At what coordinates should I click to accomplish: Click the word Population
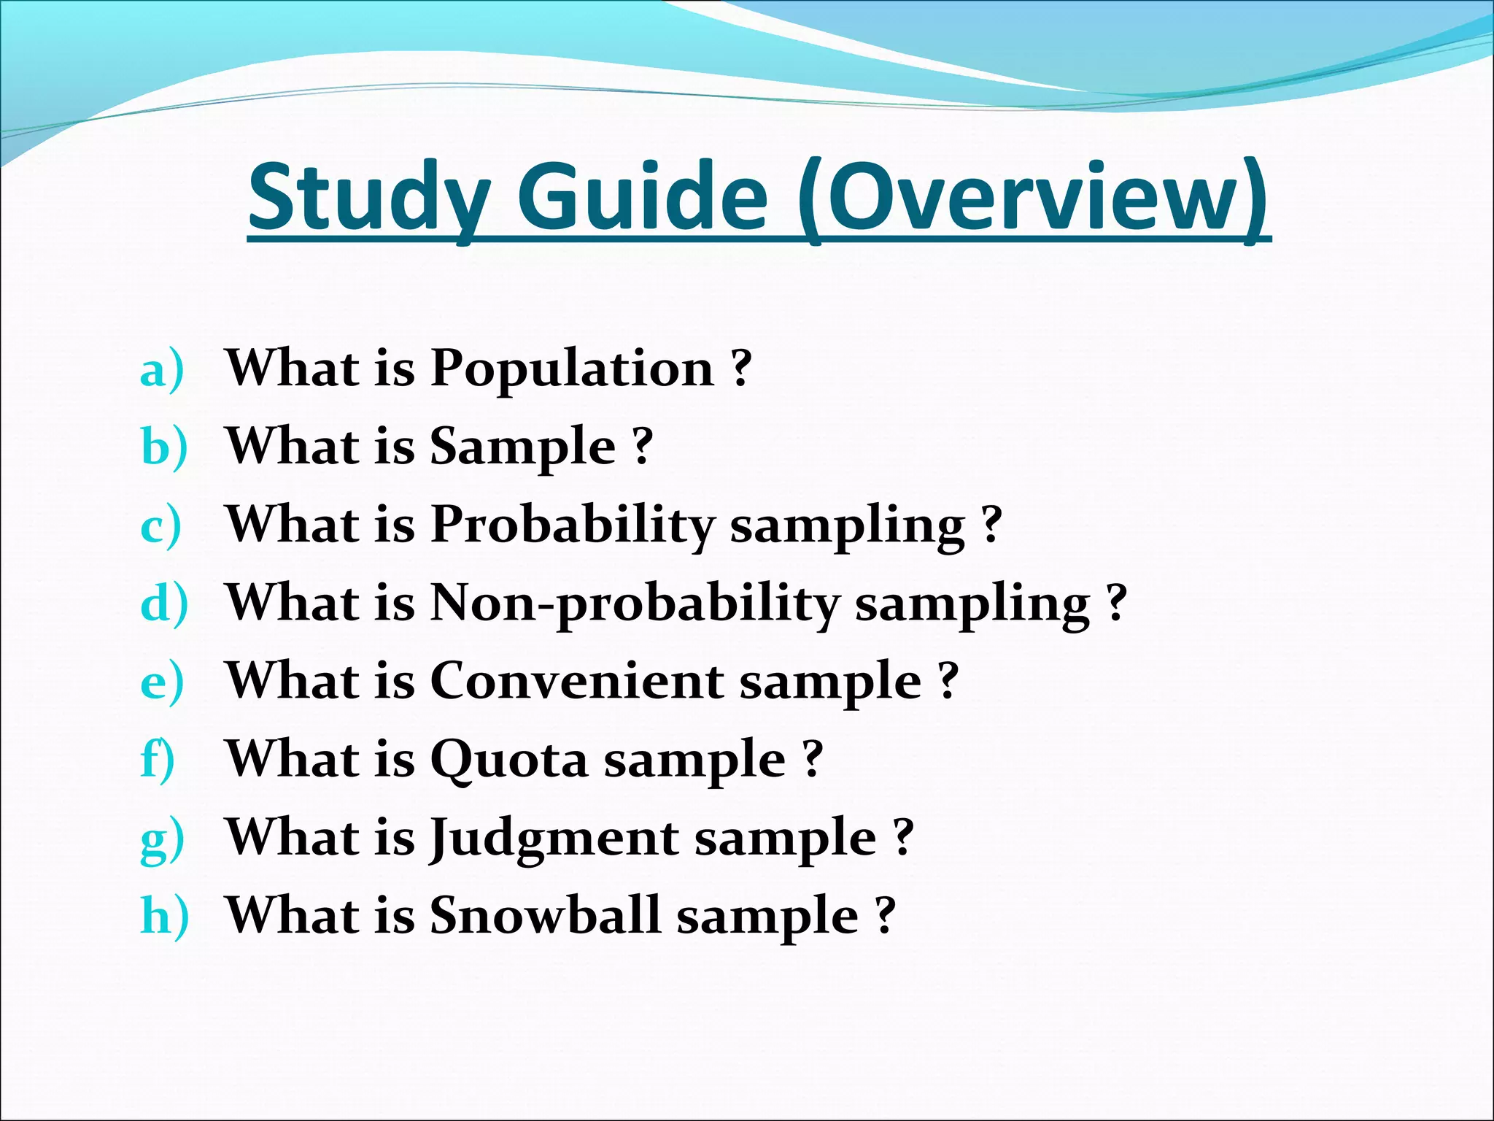coord(572,369)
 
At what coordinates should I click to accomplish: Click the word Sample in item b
coord(522,447)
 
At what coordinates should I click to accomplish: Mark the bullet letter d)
coord(164,604)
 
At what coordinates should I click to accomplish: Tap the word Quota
coord(508,760)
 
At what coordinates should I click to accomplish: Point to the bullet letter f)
coord(158,760)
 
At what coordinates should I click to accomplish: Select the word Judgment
coord(554,839)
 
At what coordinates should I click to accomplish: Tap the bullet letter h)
coord(164,916)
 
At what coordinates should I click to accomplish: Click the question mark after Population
coord(741,369)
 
